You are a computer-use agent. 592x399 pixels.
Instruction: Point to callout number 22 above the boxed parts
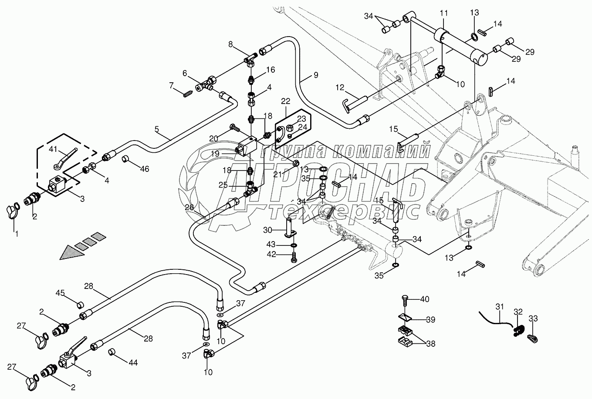point(285,101)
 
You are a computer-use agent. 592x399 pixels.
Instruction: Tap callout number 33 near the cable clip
point(533,319)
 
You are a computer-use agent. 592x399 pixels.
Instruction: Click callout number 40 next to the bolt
point(425,299)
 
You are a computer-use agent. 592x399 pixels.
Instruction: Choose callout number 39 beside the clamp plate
point(430,320)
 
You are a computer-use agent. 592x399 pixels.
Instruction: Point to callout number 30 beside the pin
point(267,229)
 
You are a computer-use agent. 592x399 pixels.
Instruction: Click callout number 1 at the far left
point(17,234)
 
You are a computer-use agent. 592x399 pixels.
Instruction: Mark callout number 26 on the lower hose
point(189,208)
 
